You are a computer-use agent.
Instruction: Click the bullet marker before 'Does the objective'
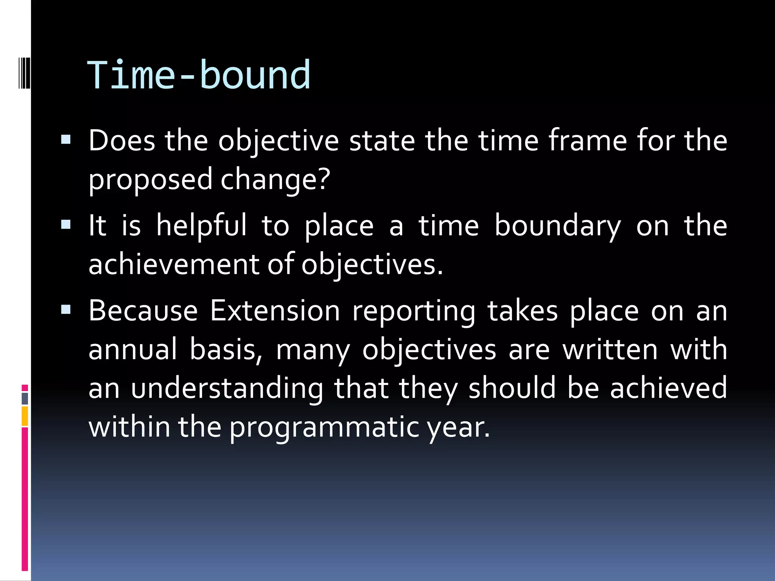pyautogui.click(x=66, y=140)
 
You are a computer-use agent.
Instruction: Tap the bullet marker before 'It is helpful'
pyautogui.click(x=66, y=225)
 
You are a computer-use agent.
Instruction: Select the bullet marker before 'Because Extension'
pyautogui.click(x=66, y=310)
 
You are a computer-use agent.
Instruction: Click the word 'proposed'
pyautogui.click(x=150, y=180)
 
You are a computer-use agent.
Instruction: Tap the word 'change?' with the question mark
pyautogui.click(x=275, y=180)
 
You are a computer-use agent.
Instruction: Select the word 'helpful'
pyautogui.click(x=201, y=225)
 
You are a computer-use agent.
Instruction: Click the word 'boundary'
pyautogui.click(x=557, y=226)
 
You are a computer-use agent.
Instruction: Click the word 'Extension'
pyautogui.click(x=275, y=311)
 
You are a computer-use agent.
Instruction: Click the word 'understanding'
pyautogui.click(x=227, y=388)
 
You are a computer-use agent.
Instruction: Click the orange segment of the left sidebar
pyautogui.click(x=25, y=416)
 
